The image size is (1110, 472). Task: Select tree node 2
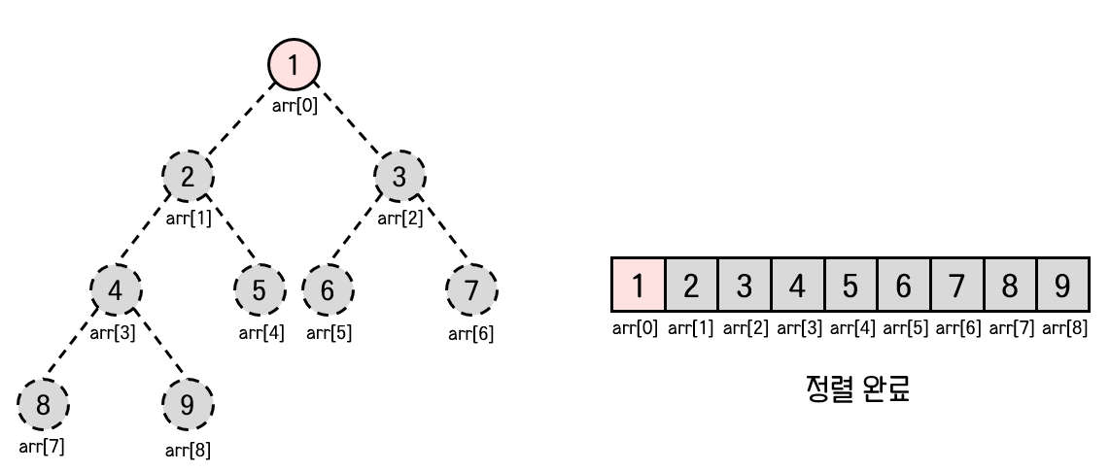(x=188, y=177)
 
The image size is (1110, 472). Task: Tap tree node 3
(x=400, y=177)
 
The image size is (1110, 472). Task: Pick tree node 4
(x=116, y=289)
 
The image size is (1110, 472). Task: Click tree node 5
(x=260, y=289)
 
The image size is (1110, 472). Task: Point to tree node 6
(x=328, y=289)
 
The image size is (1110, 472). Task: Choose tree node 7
(x=471, y=289)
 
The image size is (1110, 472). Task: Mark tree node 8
(x=44, y=403)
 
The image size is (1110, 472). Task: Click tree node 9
(x=189, y=403)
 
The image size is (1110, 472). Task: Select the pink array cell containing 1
(x=638, y=286)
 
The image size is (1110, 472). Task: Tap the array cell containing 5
(x=850, y=286)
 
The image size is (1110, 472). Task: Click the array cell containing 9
(x=1062, y=286)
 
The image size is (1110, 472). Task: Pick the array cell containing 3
(x=745, y=286)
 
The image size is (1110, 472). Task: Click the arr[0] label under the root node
(x=294, y=106)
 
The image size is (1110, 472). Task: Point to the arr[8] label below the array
(x=1063, y=327)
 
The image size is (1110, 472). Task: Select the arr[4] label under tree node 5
(x=260, y=333)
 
